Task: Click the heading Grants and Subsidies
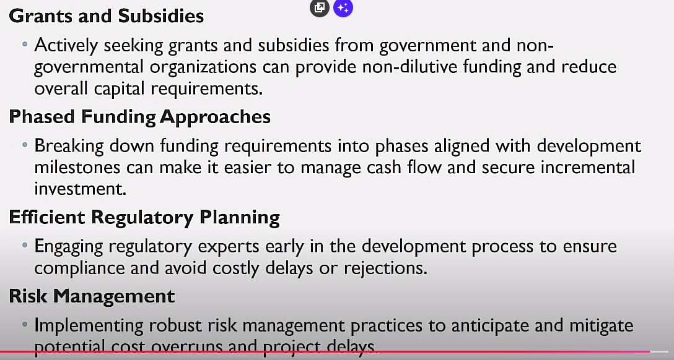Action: [106, 16]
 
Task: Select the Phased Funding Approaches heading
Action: [140, 117]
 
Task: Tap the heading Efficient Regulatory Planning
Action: [144, 218]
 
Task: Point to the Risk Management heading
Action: [92, 296]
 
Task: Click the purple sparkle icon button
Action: [343, 7]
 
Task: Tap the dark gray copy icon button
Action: [320, 7]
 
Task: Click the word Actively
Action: [66, 46]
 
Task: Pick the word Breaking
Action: [69, 147]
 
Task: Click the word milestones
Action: [77, 168]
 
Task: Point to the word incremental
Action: [588, 168]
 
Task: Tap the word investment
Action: [81, 189]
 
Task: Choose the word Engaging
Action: [69, 247]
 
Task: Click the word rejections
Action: [385, 268]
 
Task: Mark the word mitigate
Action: [601, 326]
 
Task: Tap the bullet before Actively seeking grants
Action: [25, 44]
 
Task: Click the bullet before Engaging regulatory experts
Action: [25, 246]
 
